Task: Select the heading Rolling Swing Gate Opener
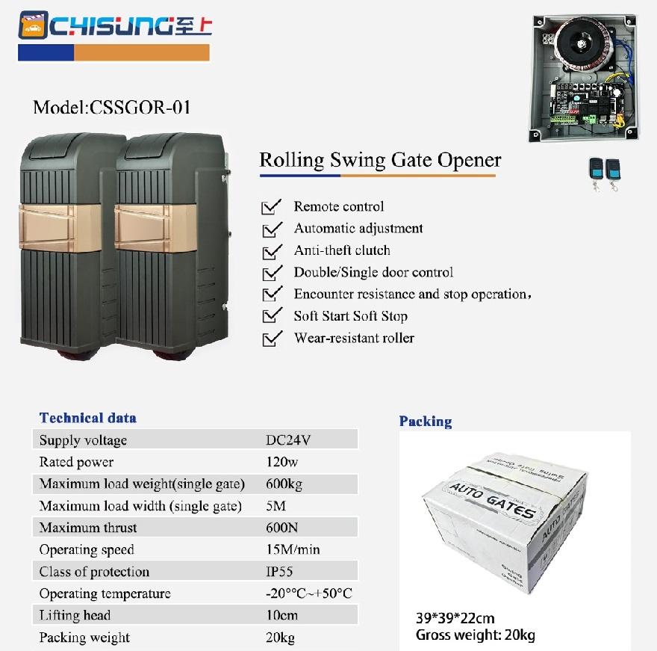click(380, 160)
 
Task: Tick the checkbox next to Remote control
click(273, 207)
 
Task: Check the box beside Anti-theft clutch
click(273, 251)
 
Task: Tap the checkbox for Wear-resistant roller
click(273, 339)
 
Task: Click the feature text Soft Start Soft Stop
click(350, 316)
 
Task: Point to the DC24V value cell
click(287, 440)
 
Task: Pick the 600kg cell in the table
click(284, 484)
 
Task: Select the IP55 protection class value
click(280, 572)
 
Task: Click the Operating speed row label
click(87, 550)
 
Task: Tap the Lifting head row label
click(75, 616)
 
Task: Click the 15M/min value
click(293, 550)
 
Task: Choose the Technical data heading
click(88, 418)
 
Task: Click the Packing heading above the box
click(425, 422)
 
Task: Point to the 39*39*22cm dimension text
click(455, 619)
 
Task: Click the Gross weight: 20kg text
click(476, 635)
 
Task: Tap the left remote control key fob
click(595, 170)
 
